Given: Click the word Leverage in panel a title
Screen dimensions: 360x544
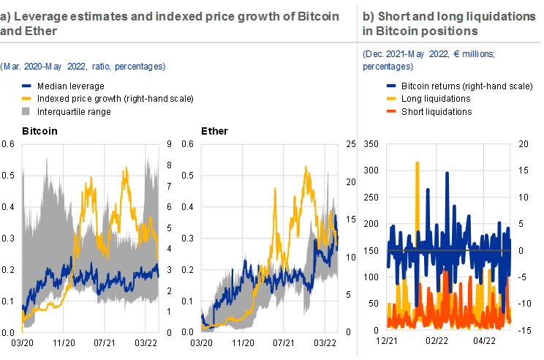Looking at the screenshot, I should tap(38, 17).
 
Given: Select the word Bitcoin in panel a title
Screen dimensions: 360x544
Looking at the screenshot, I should tap(319, 17).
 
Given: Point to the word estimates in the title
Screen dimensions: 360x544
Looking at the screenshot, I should tap(94, 17).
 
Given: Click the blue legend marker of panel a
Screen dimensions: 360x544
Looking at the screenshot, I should tap(27, 86).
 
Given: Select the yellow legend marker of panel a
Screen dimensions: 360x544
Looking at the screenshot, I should tap(27, 97).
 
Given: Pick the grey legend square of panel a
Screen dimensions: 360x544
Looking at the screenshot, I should tap(26, 110).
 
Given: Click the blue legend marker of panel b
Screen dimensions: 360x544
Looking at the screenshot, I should tap(391, 86).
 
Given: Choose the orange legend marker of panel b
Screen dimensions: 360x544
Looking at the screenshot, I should tap(391, 110).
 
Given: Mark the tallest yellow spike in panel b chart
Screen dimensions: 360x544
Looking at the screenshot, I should tap(418, 162).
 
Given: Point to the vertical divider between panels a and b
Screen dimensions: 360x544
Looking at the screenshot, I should tap(358, 179).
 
